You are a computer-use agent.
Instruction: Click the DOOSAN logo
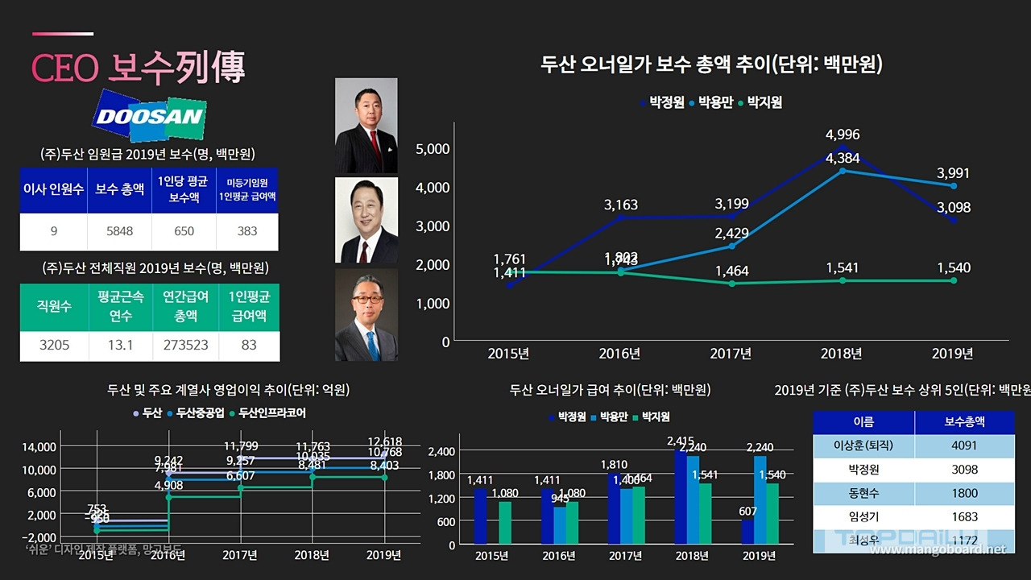coord(151,116)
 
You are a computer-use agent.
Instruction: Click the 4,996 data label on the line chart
coord(841,135)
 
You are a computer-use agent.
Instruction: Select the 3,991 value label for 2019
coord(953,173)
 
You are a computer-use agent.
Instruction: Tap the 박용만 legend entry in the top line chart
coord(711,102)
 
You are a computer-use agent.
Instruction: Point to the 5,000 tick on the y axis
coord(433,149)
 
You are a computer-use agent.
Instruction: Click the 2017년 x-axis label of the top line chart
coord(731,354)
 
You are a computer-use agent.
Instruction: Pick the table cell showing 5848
coord(119,231)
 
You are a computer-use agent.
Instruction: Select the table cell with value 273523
coord(185,345)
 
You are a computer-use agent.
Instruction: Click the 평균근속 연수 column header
coord(119,306)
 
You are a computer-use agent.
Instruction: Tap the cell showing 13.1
coord(119,345)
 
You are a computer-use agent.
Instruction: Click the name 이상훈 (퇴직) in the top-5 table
coord(863,445)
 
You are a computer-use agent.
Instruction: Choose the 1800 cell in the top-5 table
coord(964,493)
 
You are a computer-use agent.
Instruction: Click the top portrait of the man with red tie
coord(366,125)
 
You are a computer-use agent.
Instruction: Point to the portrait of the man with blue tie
coord(366,315)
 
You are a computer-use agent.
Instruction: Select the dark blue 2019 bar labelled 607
coord(747,532)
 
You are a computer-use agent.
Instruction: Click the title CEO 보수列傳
coord(138,68)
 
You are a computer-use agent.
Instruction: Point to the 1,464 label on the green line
coord(731,271)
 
